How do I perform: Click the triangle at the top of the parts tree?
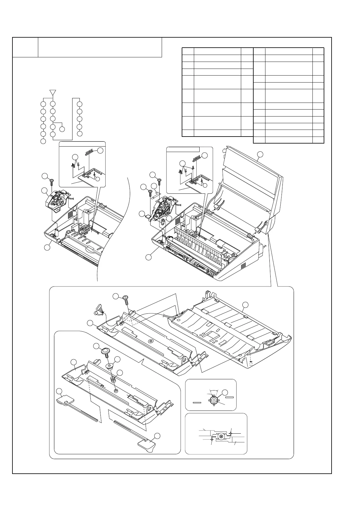(52, 92)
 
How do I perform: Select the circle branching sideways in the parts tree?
(62, 129)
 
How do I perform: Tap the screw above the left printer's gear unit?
(52, 181)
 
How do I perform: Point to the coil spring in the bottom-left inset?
(113, 380)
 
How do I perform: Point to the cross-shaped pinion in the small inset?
(214, 400)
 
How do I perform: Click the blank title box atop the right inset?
(183, 149)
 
